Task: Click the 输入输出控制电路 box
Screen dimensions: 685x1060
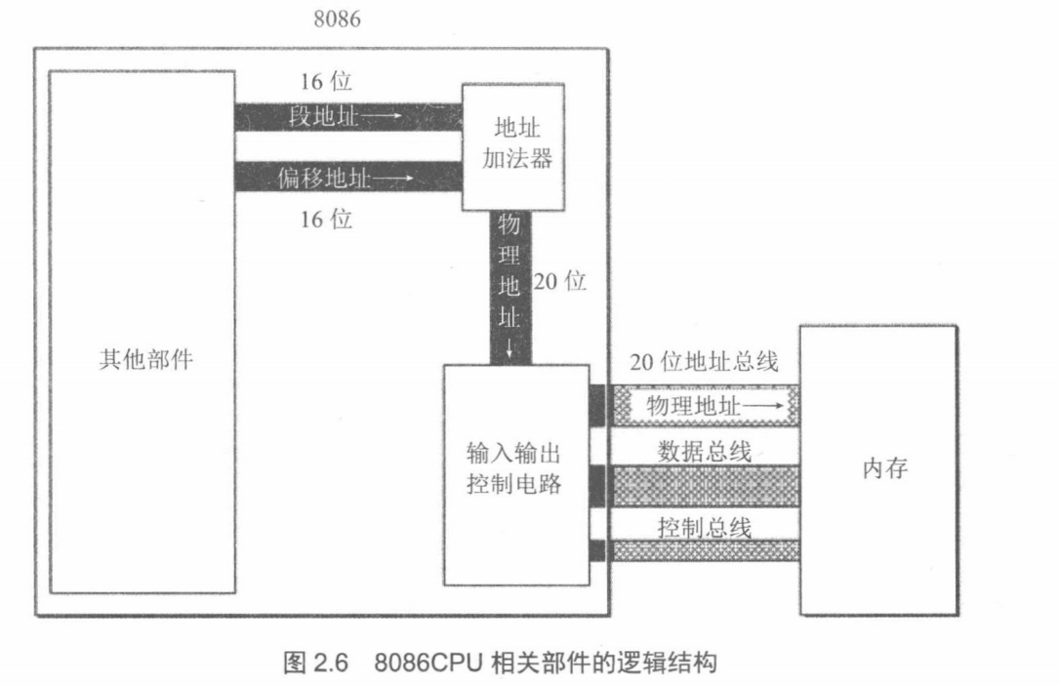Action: click(x=515, y=474)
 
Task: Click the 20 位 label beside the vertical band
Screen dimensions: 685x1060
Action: click(x=560, y=282)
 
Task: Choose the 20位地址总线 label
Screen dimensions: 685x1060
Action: click(x=704, y=363)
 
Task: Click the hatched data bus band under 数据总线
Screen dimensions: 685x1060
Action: click(x=703, y=482)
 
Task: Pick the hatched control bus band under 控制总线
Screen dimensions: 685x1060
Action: click(x=703, y=551)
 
